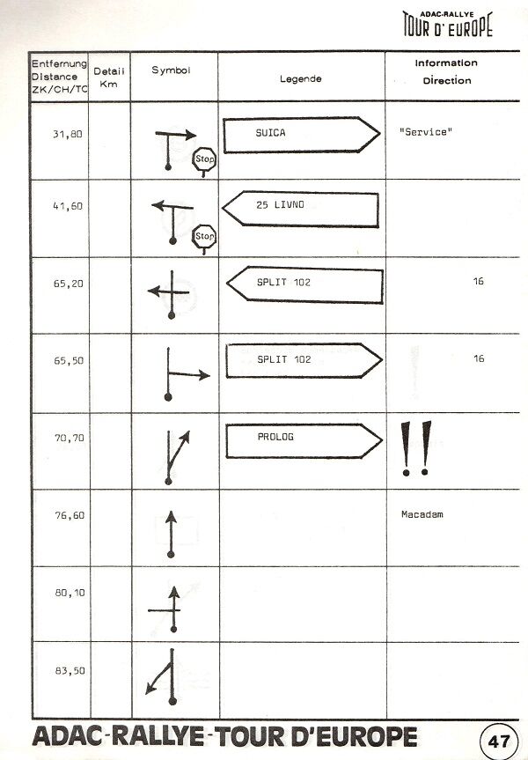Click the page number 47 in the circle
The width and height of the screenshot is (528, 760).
pyautogui.click(x=499, y=742)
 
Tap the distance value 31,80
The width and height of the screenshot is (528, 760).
pyautogui.click(x=68, y=134)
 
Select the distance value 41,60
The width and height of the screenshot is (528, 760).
pyautogui.click(x=68, y=206)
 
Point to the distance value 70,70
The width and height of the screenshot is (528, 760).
pyautogui.click(x=70, y=438)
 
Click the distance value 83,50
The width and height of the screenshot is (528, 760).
pyautogui.click(x=70, y=670)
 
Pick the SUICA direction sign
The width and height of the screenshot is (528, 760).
pyautogui.click(x=301, y=135)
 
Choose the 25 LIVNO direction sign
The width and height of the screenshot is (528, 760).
pyautogui.click(x=300, y=209)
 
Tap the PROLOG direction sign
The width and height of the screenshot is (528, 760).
pyautogui.click(x=304, y=440)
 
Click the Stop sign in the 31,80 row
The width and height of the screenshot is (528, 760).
pyautogui.click(x=204, y=161)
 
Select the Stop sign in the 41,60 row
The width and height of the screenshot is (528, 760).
pyautogui.click(x=204, y=239)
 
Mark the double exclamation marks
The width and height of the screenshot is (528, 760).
pyautogui.click(x=415, y=448)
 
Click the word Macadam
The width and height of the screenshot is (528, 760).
pyautogui.click(x=422, y=514)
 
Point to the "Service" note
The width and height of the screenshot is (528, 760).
pyautogui.click(x=425, y=132)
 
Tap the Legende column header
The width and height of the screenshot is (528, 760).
pyautogui.click(x=300, y=78)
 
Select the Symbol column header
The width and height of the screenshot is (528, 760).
pyautogui.click(x=171, y=70)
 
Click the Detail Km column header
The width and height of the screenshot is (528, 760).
pyautogui.click(x=109, y=77)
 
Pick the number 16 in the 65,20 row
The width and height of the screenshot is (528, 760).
pyautogui.click(x=478, y=281)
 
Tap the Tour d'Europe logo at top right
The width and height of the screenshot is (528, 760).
pyautogui.click(x=448, y=24)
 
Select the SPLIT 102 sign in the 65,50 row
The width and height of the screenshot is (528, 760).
pyautogui.click(x=304, y=360)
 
